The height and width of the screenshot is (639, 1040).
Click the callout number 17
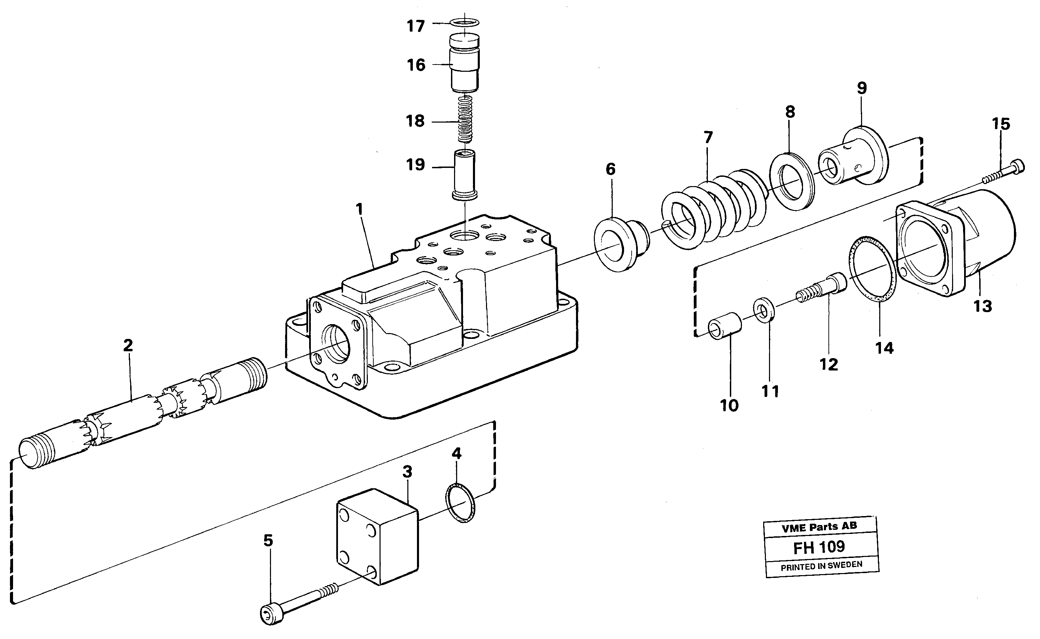click(415, 26)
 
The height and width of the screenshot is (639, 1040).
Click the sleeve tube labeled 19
click(465, 174)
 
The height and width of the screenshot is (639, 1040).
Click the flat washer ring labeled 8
click(791, 181)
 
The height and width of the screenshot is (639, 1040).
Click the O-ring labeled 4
click(460, 503)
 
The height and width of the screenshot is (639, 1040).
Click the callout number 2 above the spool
click(128, 346)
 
